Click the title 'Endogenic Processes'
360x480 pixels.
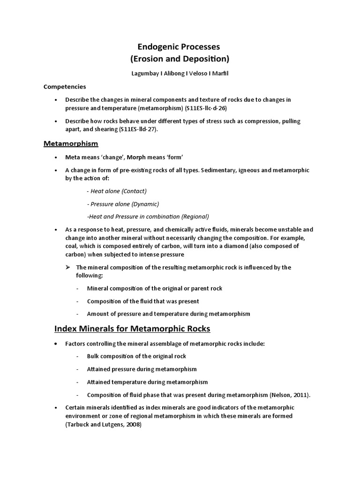(x=178, y=47)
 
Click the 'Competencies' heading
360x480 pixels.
(x=65, y=86)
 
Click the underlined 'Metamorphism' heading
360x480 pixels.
(x=71, y=143)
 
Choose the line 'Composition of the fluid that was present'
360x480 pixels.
(x=143, y=301)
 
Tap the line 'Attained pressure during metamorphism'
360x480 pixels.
(x=142, y=369)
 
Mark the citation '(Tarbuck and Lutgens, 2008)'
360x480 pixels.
(x=103, y=424)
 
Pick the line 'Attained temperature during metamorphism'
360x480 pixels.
(x=147, y=382)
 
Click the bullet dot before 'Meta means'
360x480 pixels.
(x=56, y=157)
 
